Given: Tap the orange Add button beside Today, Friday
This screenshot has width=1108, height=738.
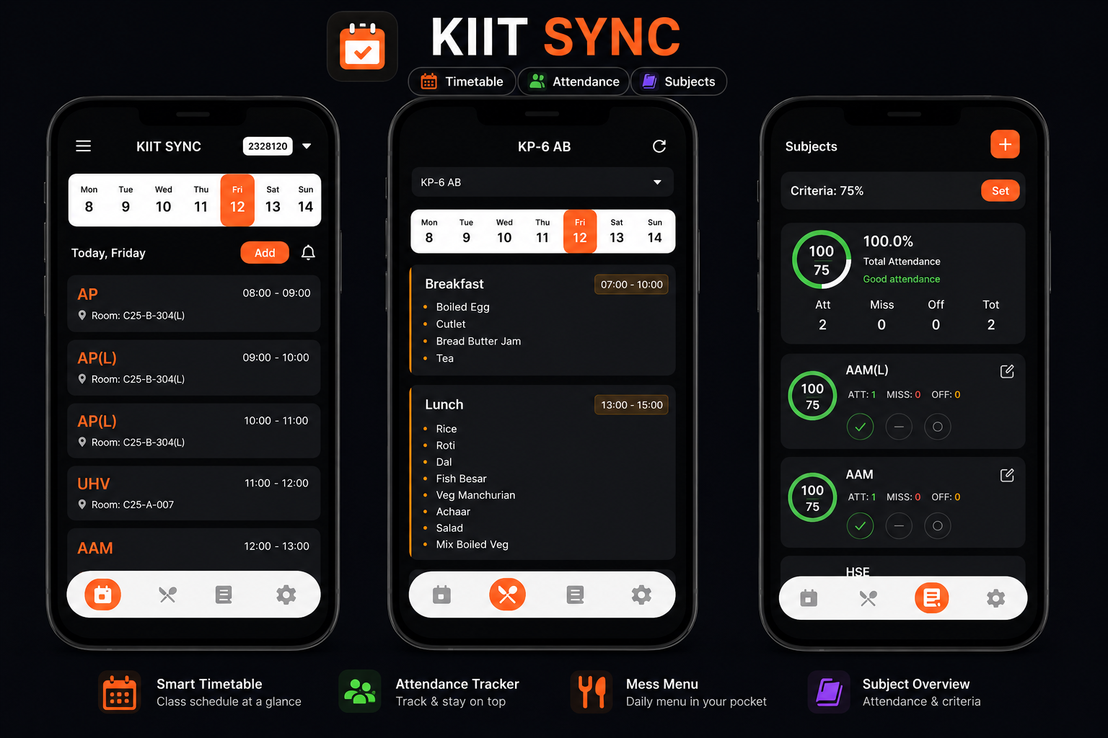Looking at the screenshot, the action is [x=265, y=252].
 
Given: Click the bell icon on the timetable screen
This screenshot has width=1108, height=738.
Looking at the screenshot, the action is [x=308, y=252].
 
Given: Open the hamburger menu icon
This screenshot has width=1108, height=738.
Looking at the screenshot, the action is [x=83, y=146].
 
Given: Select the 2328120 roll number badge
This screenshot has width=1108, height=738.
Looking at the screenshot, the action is [x=268, y=146].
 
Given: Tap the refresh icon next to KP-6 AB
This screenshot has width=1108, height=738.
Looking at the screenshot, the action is [x=659, y=146].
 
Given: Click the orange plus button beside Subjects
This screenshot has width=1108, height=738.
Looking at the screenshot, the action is [x=1005, y=144].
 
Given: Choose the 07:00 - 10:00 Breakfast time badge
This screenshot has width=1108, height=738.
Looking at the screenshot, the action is [x=631, y=284].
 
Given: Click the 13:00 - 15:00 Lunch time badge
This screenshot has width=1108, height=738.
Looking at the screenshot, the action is [x=631, y=405].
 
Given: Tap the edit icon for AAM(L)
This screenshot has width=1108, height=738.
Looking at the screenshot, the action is [x=1007, y=371].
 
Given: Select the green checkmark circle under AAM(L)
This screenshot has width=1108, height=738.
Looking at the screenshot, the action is [x=860, y=427].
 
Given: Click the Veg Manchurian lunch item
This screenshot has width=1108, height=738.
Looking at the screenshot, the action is [x=475, y=495].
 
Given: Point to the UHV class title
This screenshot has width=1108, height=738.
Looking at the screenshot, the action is [x=94, y=484].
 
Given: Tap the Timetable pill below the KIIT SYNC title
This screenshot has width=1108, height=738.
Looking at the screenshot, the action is [x=462, y=81].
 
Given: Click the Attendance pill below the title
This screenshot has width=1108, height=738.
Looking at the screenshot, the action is [x=573, y=81].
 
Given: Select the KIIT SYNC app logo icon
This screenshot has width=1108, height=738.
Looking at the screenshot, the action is [x=363, y=46].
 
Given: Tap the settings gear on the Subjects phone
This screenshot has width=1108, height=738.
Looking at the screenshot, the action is [x=995, y=598].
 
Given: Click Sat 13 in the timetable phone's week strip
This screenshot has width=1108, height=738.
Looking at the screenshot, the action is [x=273, y=200].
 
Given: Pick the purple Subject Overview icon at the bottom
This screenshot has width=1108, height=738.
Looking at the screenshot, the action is [x=829, y=692].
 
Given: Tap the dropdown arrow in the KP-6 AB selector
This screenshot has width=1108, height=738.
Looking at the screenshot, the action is [x=657, y=182].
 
